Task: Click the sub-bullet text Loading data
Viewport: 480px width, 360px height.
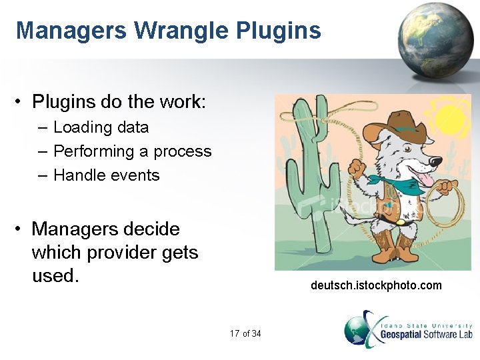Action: point(101,127)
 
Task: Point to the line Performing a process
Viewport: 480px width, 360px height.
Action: point(132,151)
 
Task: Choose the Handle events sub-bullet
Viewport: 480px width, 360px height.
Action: point(106,175)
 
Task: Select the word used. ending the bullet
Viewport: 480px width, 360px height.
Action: point(55,275)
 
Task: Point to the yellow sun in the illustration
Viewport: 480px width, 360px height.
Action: point(448,118)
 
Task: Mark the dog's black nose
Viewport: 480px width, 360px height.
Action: point(436,161)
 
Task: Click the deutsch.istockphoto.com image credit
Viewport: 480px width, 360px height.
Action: point(376,285)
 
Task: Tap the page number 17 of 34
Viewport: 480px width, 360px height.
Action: point(245,333)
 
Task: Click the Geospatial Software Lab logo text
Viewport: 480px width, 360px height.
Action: point(426,333)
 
